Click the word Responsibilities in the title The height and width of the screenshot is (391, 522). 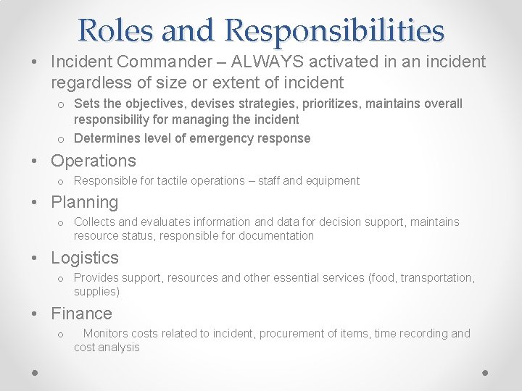point(334,30)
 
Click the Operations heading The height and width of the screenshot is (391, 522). point(94,161)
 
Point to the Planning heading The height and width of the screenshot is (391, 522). point(84,202)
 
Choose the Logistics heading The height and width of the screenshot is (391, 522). point(85,258)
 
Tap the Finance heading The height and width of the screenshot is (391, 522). point(81,314)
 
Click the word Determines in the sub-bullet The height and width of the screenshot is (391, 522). point(107,138)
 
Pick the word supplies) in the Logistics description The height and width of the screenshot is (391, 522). point(96,291)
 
